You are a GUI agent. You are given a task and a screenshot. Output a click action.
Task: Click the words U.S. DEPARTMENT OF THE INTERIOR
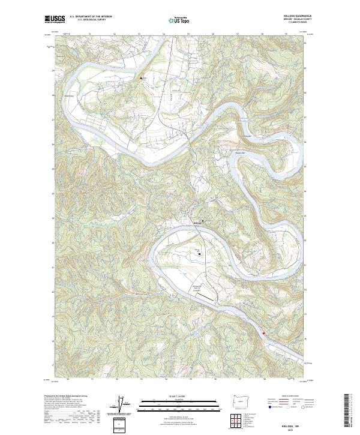pos(91,17)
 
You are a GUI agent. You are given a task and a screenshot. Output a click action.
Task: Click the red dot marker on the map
pos(263,334)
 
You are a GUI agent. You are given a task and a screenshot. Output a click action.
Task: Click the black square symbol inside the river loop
pos(200,255)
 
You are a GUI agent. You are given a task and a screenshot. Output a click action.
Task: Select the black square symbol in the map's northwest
pos(142,79)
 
